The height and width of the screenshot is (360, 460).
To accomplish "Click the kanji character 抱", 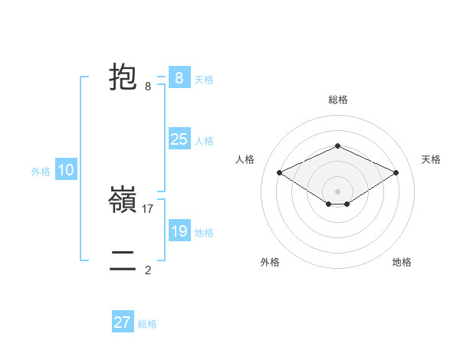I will click(123, 77).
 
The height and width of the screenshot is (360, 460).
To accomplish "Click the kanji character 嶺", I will click(123, 200).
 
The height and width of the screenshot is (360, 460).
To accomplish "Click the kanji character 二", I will click(123, 261).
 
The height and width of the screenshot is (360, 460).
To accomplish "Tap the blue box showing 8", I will click(179, 77).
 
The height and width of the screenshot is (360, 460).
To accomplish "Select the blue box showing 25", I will click(179, 139).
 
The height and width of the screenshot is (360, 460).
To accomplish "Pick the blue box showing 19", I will click(179, 231).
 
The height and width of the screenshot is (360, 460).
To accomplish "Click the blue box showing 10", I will click(66, 170).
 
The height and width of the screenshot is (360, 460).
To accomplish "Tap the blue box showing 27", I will click(123, 322).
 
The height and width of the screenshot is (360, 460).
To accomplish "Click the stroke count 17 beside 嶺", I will click(148, 208).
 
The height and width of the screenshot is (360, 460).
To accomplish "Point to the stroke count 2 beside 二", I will click(148, 270).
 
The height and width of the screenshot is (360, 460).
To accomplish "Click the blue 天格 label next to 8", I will click(204, 79).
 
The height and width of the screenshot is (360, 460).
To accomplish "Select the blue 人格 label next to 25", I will click(204, 141).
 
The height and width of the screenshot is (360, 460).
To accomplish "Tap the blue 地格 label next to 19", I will click(204, 233).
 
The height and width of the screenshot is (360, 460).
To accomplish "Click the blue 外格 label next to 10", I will click(41, 172).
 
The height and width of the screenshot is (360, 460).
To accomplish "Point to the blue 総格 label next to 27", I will click(147, 324).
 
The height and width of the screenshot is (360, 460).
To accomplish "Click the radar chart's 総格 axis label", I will click(337, 100).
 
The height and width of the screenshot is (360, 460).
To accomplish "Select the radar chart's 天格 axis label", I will click(431, 159).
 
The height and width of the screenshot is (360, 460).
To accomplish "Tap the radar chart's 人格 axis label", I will click(245, 159).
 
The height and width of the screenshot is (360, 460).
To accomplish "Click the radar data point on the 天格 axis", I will click(396, 173).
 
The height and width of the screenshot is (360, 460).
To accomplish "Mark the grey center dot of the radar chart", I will click(337, 191).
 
